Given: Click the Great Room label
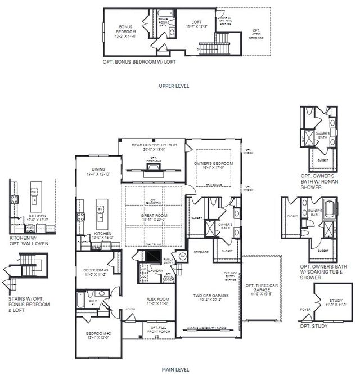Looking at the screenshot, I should [x=154, y=215].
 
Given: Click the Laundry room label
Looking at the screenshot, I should [x=156, y=271].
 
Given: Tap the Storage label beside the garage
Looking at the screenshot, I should [x=201, y=252].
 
